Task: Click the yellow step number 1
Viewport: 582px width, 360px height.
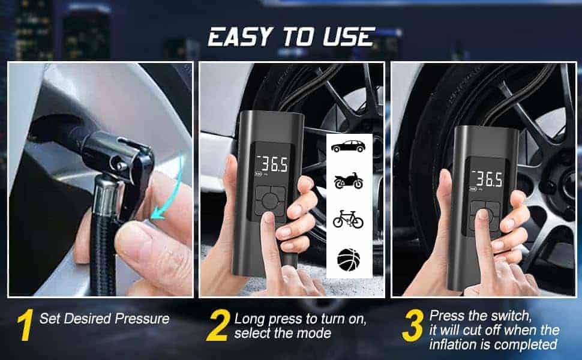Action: tap(25, 325)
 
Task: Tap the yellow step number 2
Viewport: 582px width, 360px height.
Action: tap(218, 325)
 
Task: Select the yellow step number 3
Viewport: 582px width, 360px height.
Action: tap(413, 325)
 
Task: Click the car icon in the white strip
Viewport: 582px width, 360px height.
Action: tap(348, 146)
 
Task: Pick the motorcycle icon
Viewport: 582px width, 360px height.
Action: tap(348, 181)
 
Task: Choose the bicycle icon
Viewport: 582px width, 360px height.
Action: tap(348, 220)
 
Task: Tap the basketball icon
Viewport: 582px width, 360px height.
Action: tap(349, 259)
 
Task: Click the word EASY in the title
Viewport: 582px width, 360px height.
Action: tap(240, 37)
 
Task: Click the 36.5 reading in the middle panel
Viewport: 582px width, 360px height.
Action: tap(274, 164)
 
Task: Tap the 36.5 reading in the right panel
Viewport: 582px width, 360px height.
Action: tap(487, 179)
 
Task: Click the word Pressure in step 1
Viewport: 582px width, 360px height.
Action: tap(142, 319)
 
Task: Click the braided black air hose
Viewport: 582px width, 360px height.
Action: tap(103, 253)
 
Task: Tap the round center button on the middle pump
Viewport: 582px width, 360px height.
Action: tap(270, 201)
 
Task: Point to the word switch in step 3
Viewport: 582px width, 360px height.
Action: tap(511, 316)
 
